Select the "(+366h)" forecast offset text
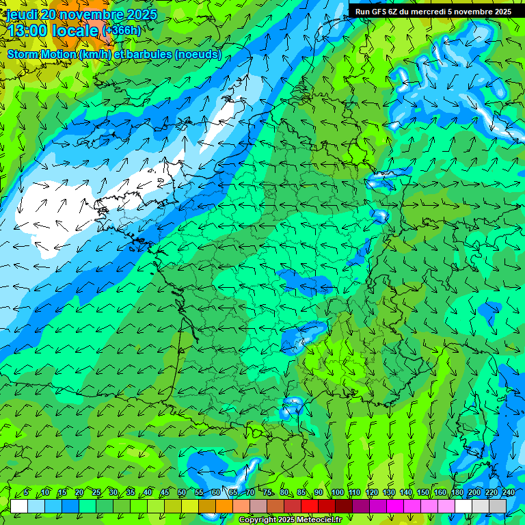121,30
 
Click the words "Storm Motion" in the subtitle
42,54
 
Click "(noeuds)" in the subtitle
198,54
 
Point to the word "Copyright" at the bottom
256,520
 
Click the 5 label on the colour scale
26,492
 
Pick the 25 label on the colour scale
96,492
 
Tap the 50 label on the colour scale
182,492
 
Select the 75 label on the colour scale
267,492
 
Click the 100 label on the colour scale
337,492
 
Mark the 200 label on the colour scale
474,492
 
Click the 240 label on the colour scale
508,492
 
